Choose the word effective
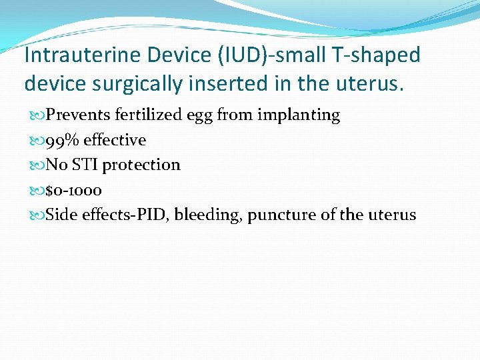[115, 141]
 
